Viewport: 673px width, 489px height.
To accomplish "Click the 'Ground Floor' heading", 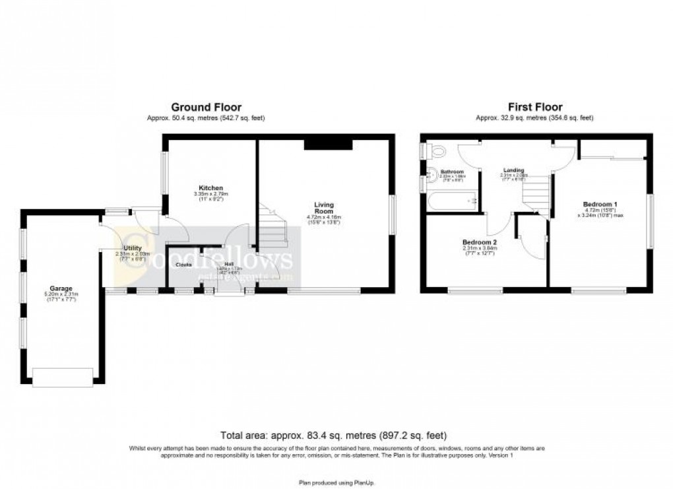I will pyautogui.click(x=206, y=107).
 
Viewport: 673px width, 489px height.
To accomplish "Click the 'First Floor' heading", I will pyautogui.click(x=534, y=107).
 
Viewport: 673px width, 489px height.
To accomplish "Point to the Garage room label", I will pyautogui.click(x=62, y=288).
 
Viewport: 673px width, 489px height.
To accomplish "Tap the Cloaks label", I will pyautogui.click(x=183, y=265).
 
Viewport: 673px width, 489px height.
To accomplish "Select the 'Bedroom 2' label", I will pyautogui.click(x=480, y=242).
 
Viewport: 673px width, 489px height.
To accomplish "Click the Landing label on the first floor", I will pyautogui.click(x=513, y=169).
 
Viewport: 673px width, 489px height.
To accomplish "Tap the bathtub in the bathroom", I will pyautogui.click(x=453, y=201).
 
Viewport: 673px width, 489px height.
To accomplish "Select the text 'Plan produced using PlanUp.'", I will pyautogui.click(x=336, y=481).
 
